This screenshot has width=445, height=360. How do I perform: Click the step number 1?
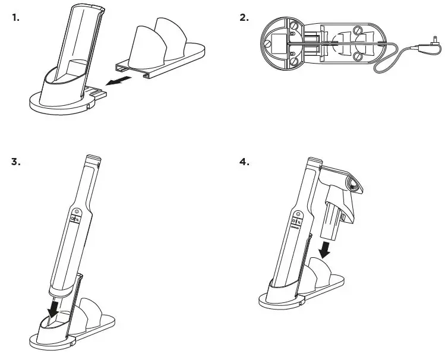[x=16, y=17]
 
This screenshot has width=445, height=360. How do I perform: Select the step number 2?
[x=244, y=17]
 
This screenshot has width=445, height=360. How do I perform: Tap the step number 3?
[x=16, y=162]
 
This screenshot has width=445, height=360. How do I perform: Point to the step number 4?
[x=244, y=162]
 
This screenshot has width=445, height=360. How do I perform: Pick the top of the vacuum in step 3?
[x=93, y=159]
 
